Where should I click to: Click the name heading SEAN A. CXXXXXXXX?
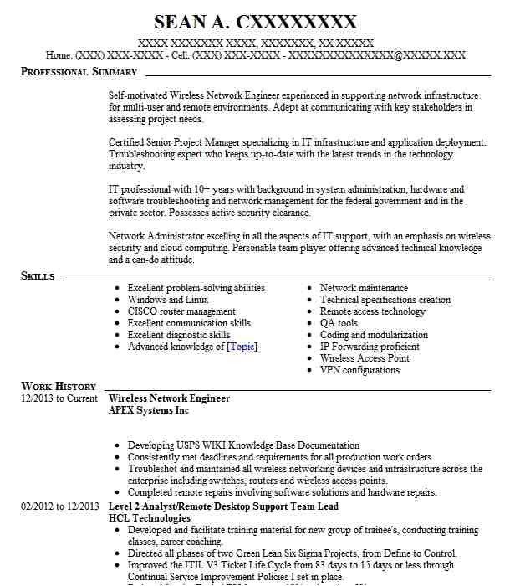click(255, 23)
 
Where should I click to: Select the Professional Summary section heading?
click(79, 72)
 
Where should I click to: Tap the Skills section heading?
click(38, 276)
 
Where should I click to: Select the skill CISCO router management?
click(181, 311)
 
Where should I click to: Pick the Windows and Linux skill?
click(168, 300)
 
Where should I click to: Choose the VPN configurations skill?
click(359, 370)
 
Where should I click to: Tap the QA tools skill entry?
click(339, 323)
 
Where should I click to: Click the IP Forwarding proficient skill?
click(370, 347)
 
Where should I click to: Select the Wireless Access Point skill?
click(365, 358)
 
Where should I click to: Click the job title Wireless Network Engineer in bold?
click(169, 398)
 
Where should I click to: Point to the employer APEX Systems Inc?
click(149, 410)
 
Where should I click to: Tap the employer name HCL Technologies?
click(150, 518)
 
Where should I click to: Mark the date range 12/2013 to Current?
click(59, 398)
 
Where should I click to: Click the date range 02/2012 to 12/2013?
click(60, 506)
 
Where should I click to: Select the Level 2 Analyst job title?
click(223, 506)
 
